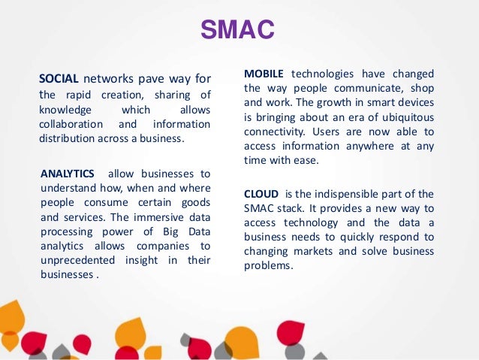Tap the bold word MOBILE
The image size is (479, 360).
point(264,74)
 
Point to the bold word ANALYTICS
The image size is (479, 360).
point(68,174)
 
